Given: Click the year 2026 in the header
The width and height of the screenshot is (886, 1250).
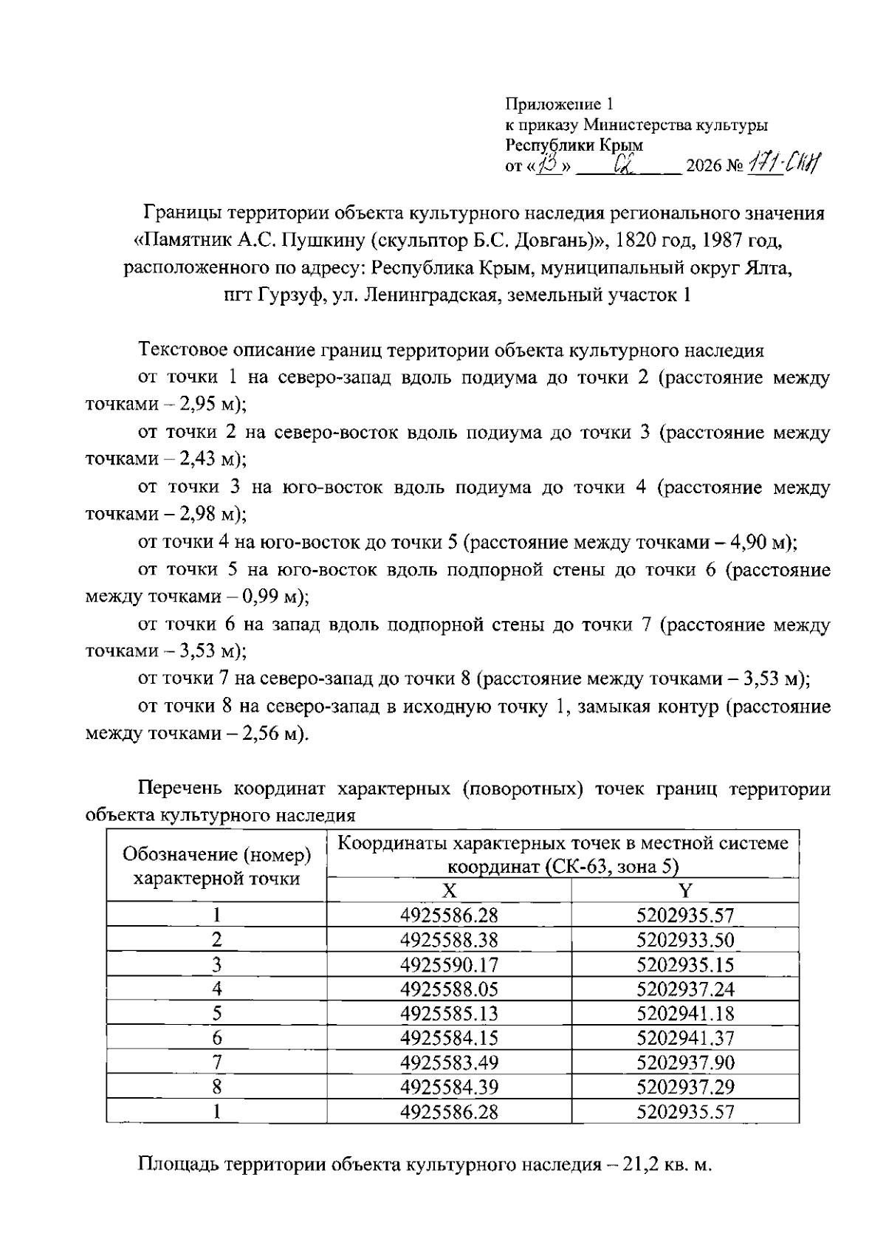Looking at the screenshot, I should pyautogui.click(x=704, y=166).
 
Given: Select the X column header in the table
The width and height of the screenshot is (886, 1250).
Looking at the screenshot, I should pyautogui.click(x=449, y=890).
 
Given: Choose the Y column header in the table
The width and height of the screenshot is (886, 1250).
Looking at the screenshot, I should pyautogui.click(x=685, y=890).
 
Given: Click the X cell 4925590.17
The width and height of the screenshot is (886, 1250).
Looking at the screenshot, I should pyautogui.click(x=449, y=964).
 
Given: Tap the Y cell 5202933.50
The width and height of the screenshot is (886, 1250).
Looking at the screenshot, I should pyautogui.click(x=685, y=940).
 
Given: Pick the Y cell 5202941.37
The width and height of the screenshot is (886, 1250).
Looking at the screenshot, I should pyautogui.click(x=685, y=1037).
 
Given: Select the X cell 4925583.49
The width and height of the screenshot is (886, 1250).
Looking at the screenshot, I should pyautogui.click(x=449, y=1062).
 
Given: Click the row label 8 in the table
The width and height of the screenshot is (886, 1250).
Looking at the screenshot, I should pyautogui.click(x=217, y=1087).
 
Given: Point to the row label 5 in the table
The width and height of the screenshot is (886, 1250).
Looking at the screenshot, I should pyautogui.click(x=217, y=1013).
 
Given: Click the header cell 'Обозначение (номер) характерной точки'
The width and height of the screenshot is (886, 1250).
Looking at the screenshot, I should pyautogui.click(x=217, y=866).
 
